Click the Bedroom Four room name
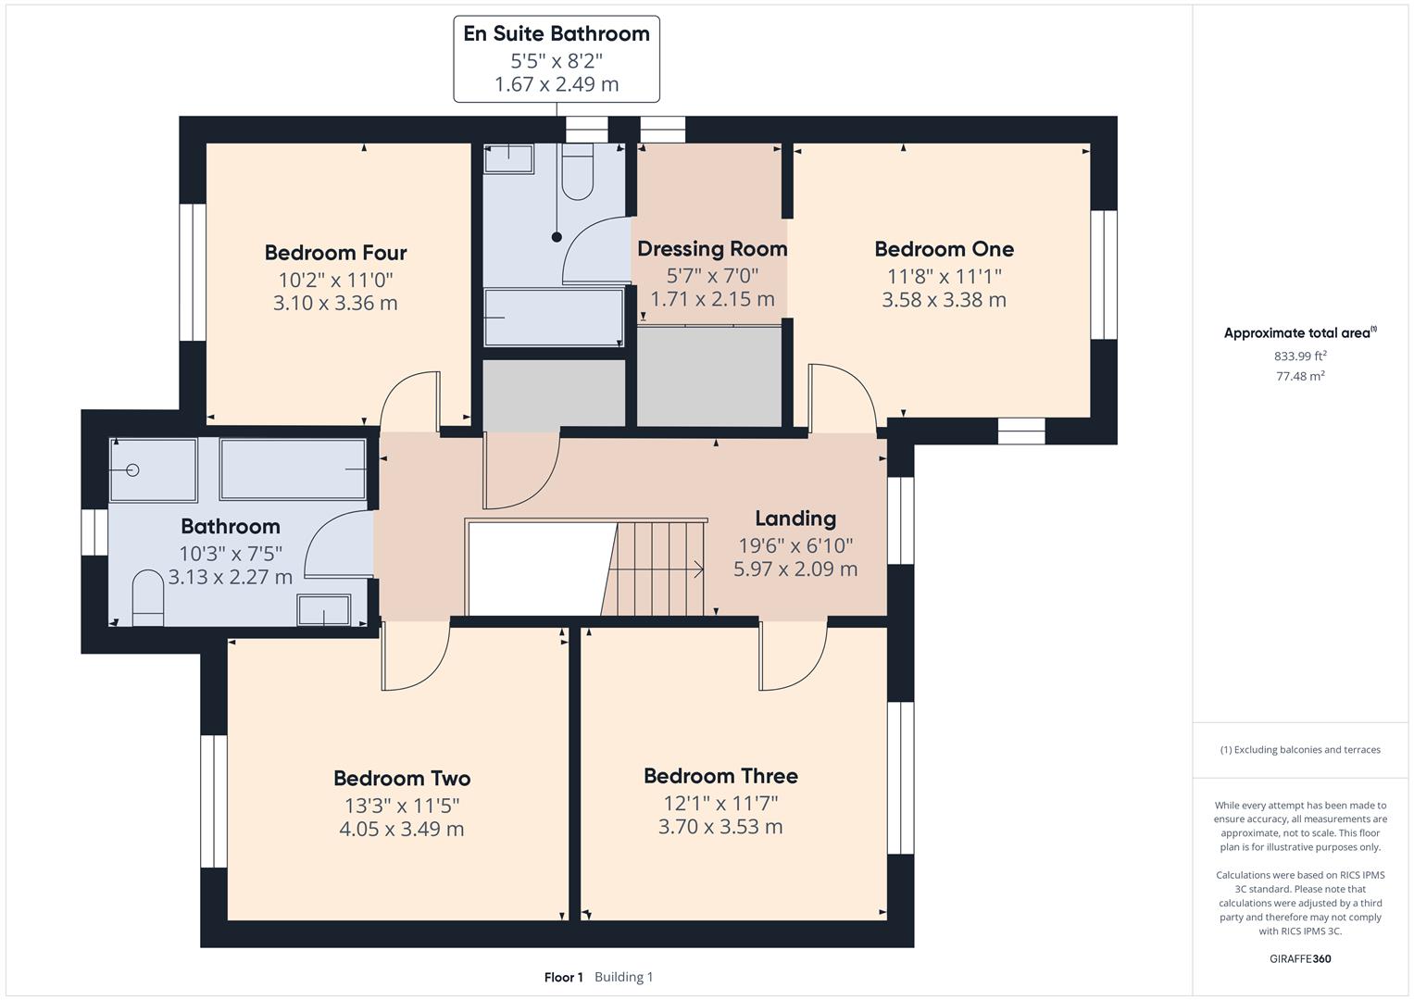click(335, 253)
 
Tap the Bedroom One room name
click(944, 249)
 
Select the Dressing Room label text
click(712, 249)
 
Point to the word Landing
click(795, 519)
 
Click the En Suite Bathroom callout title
click(557, 34)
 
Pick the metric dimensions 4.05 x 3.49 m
click(402, 829)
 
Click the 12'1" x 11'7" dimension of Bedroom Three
click(720, 803)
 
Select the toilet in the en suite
click(578, 173)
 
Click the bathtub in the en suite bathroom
click(554, 317)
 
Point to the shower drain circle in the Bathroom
click(132, 470)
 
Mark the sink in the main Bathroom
click(323, 610)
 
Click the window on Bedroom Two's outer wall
click(214, 801)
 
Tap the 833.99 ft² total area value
click(1300, 356)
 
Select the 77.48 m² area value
click(1300, 376)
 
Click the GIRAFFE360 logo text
click(1300, 958)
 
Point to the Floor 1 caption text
click(563, 977)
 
